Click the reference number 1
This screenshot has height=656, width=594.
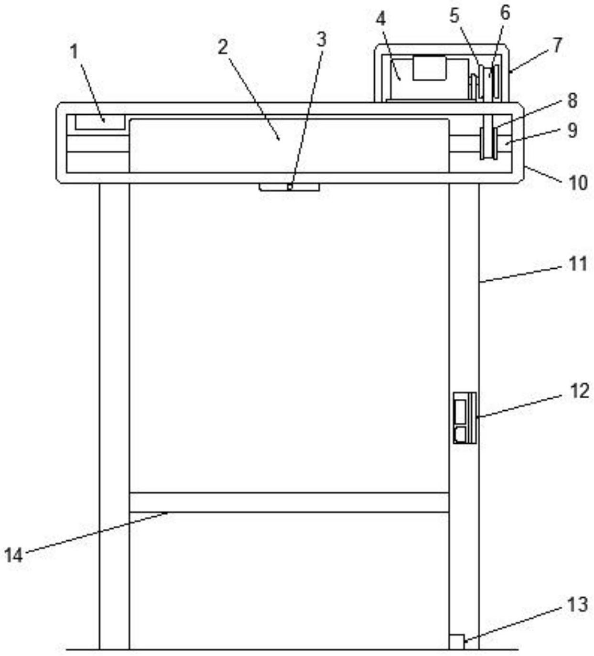75,52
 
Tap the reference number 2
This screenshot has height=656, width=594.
223,47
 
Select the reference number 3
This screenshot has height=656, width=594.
322,40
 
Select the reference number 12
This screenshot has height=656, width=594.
572,100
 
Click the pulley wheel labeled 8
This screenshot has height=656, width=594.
14,555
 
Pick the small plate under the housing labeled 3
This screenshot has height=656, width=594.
464,418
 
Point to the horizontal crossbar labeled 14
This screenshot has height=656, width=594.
100,121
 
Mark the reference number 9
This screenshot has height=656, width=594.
489,143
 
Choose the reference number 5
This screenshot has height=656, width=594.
289,187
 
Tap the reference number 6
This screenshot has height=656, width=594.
429,68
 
